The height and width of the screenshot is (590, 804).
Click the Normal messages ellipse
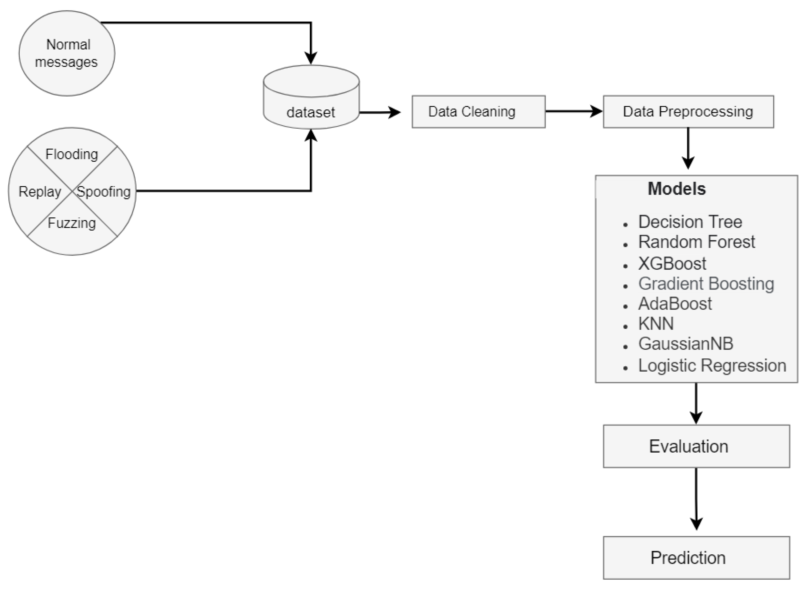point(67,53)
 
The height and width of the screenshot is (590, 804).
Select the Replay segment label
point(40,192)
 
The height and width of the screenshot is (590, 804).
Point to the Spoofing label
point(104,192)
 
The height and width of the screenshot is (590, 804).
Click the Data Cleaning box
point(478,111)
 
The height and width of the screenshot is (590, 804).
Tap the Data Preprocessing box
point(688,111)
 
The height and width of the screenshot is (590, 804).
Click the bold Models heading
point(676,189)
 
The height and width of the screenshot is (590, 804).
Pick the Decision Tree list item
point(690,222)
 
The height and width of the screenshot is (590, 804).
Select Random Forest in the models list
point(696,242)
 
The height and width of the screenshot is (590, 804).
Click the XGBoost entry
point(672,264)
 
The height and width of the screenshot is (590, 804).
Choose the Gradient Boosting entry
point(706,284)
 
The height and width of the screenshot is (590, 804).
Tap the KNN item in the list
point(656,324)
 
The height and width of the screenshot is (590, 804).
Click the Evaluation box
point(696,446)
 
